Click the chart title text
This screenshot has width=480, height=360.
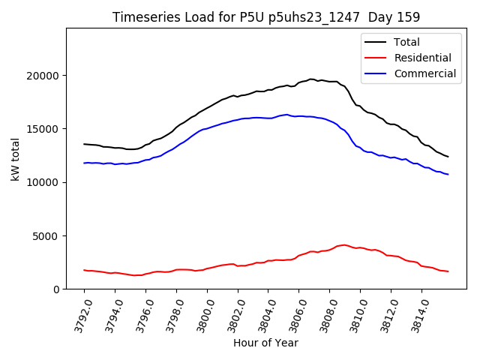pos(266,16)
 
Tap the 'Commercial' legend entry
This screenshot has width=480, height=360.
pos(424,73)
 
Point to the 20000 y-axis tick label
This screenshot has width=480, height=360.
pos(42,76)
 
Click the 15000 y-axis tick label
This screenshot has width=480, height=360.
pos(42,129)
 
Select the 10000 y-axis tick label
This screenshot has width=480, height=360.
pos(42,182)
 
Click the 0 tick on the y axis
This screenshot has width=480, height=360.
pos(56,289)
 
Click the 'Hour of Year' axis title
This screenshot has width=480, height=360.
pos(265,343)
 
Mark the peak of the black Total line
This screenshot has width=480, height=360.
pos(311,79)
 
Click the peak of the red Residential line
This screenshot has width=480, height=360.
pos(343,244)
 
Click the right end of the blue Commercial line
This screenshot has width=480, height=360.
pos(448,175)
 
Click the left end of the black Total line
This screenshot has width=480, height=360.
pos(84,144)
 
